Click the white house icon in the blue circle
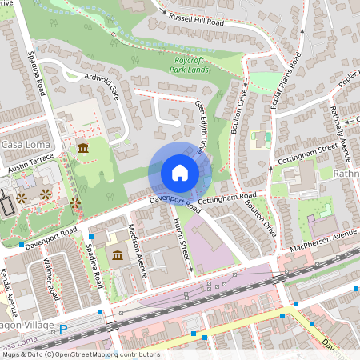(x=179, y=173)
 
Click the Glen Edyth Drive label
(x=204, y=128)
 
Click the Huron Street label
(x=182, y=240)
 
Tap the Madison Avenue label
(x=138, y=250)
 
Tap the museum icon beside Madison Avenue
(x=118, y=256)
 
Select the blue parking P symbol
(x=63, y=328)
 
